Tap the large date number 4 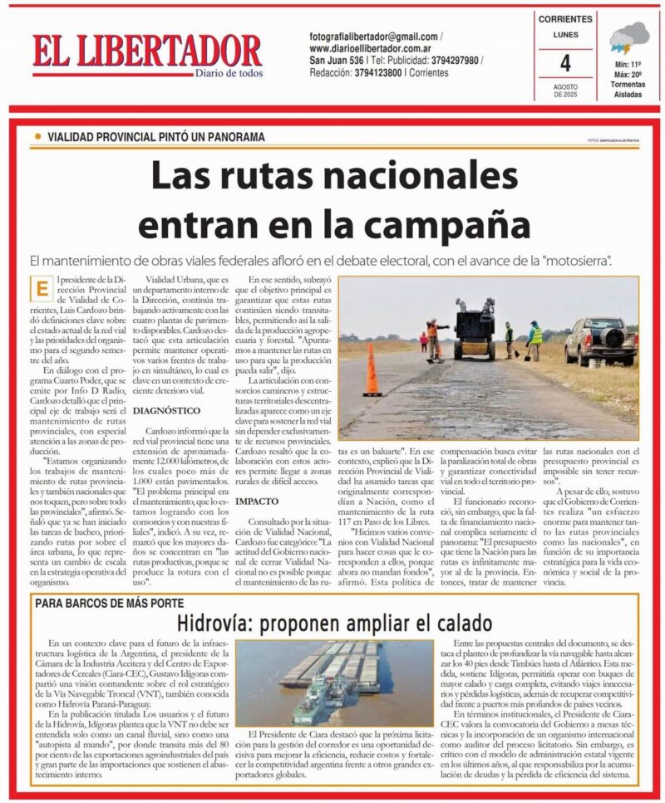tap(565, 64)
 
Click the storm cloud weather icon tap(629, 38)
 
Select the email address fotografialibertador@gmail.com tap(373, 37)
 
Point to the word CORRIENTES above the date tap(565, 19)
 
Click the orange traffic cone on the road tap(372, 372)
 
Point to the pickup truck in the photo tap(600, 340)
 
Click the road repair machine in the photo tap(473, 329)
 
